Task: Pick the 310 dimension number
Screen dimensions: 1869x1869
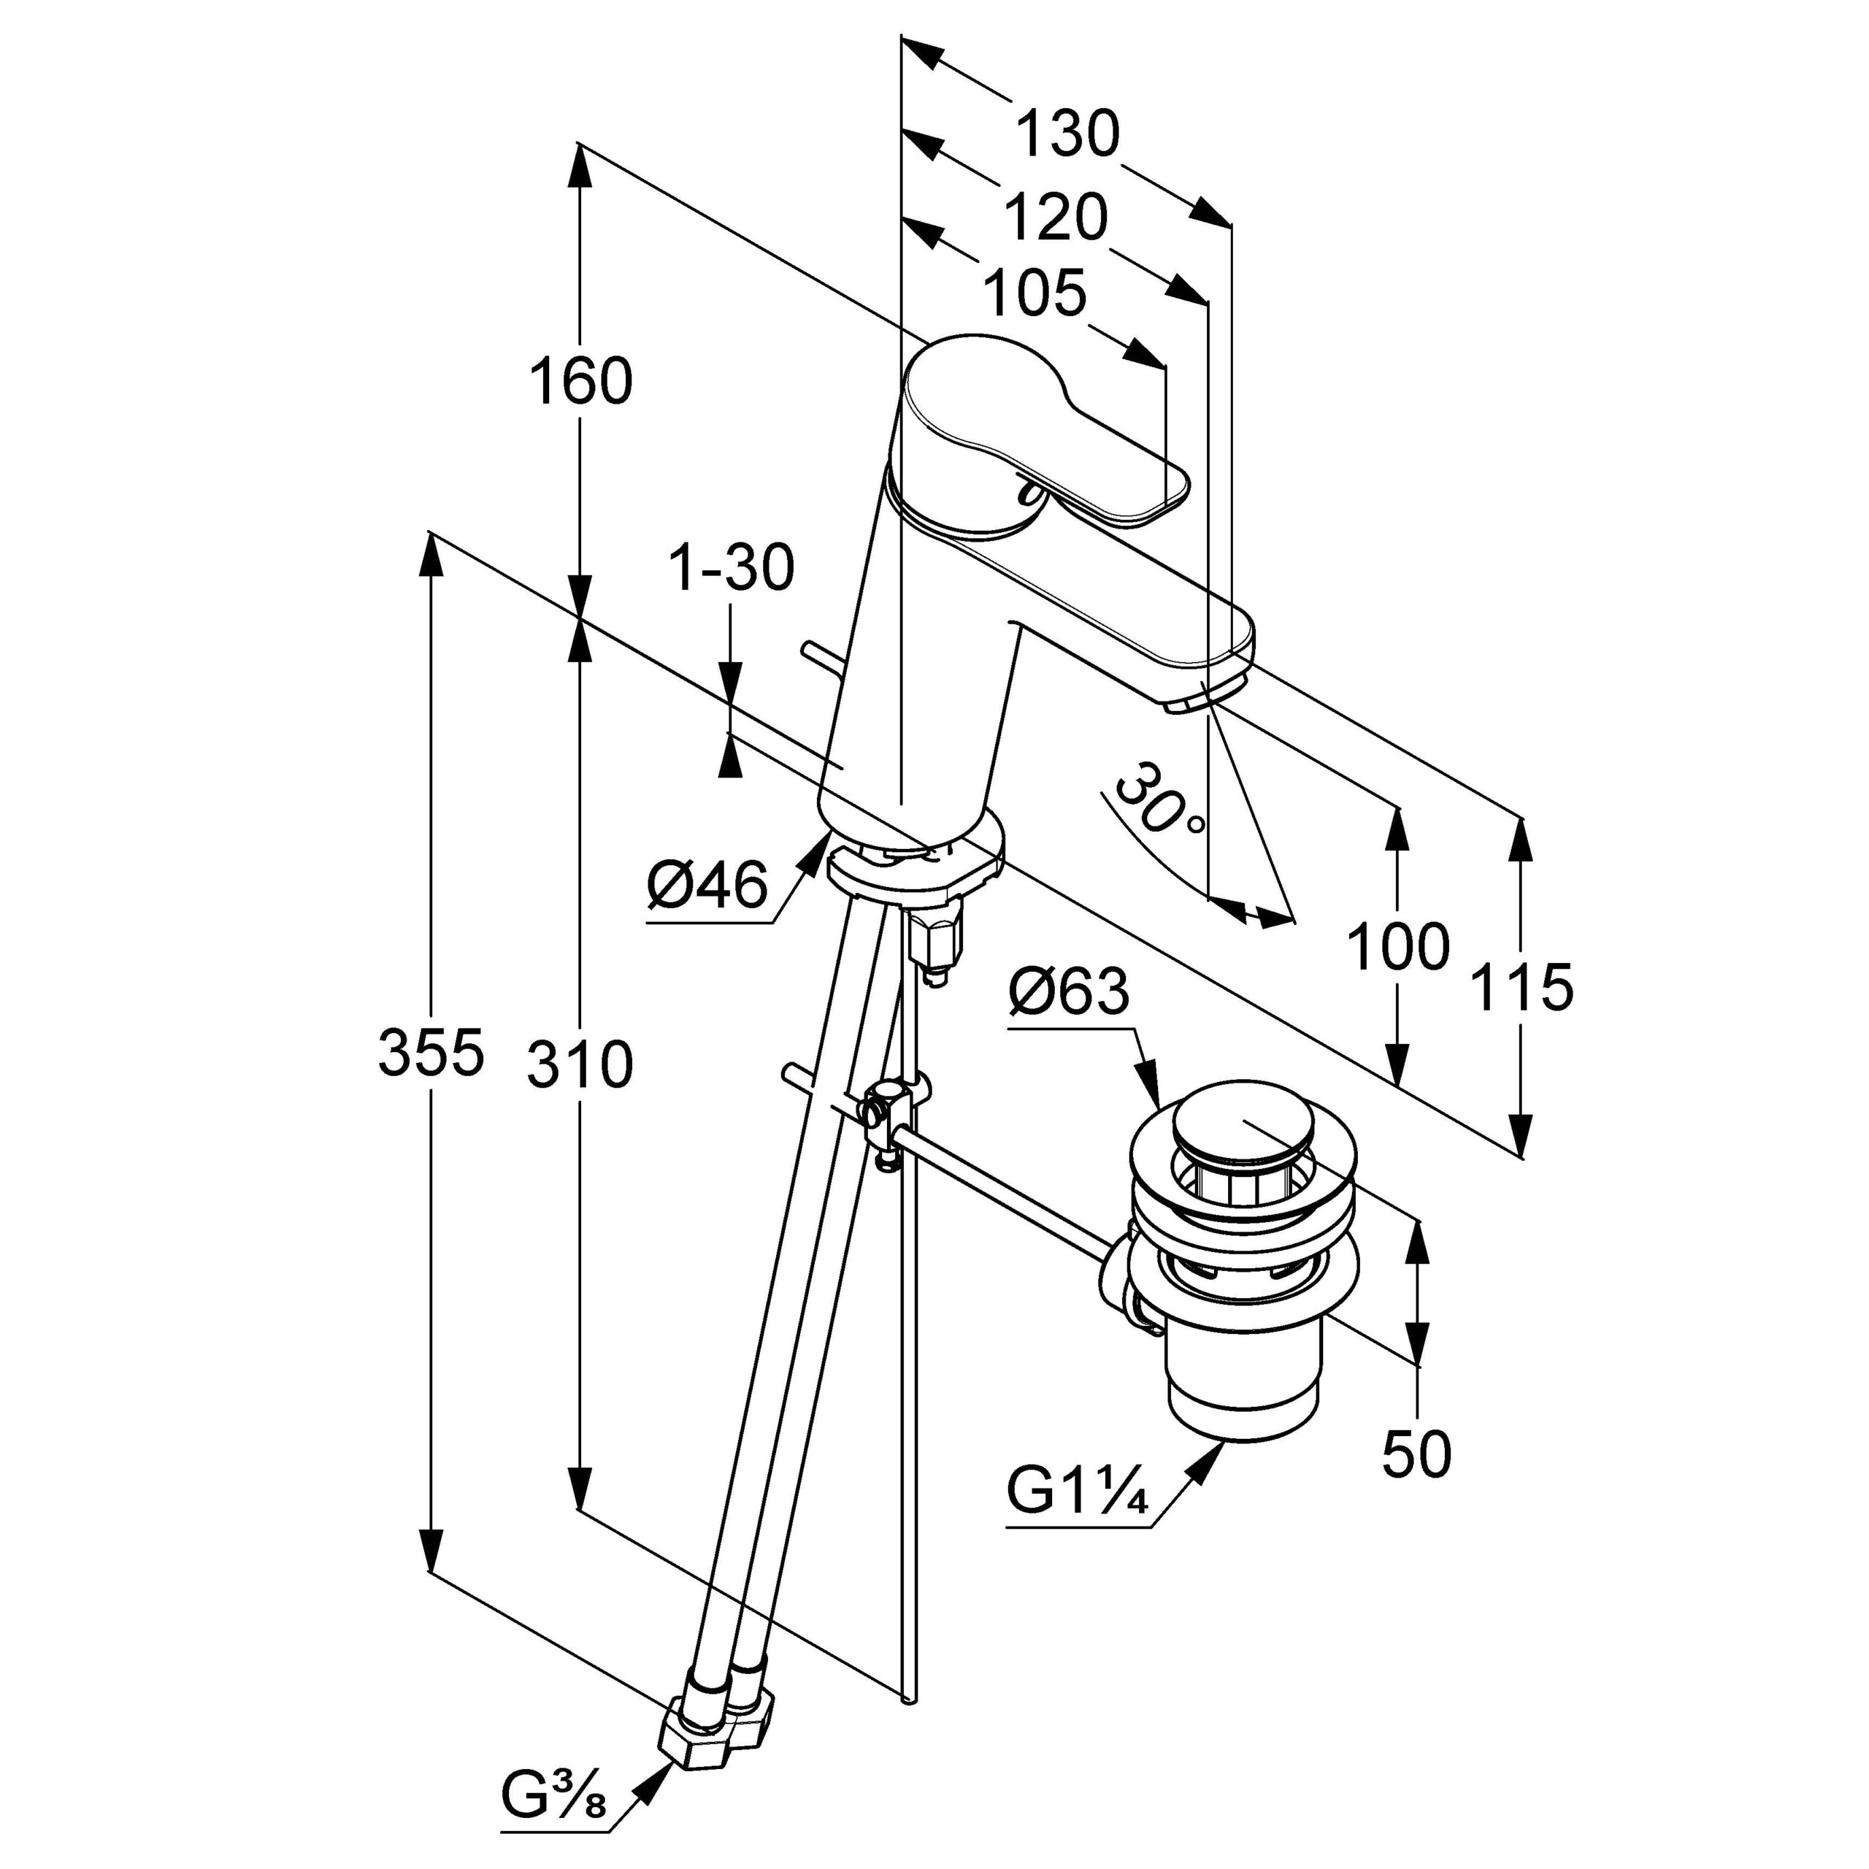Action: [580, 1065]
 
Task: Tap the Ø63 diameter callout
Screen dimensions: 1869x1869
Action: [1068, 991]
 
